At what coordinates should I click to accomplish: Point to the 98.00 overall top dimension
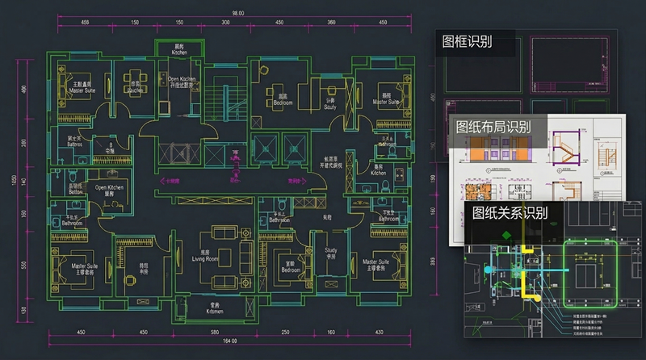coord(237,13)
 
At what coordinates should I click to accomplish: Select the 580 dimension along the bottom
coord(213,333)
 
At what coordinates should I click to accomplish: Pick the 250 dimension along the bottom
coord(286,333)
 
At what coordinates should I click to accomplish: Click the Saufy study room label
coord(329,106)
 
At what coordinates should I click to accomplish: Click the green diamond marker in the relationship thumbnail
coord(505,236)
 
